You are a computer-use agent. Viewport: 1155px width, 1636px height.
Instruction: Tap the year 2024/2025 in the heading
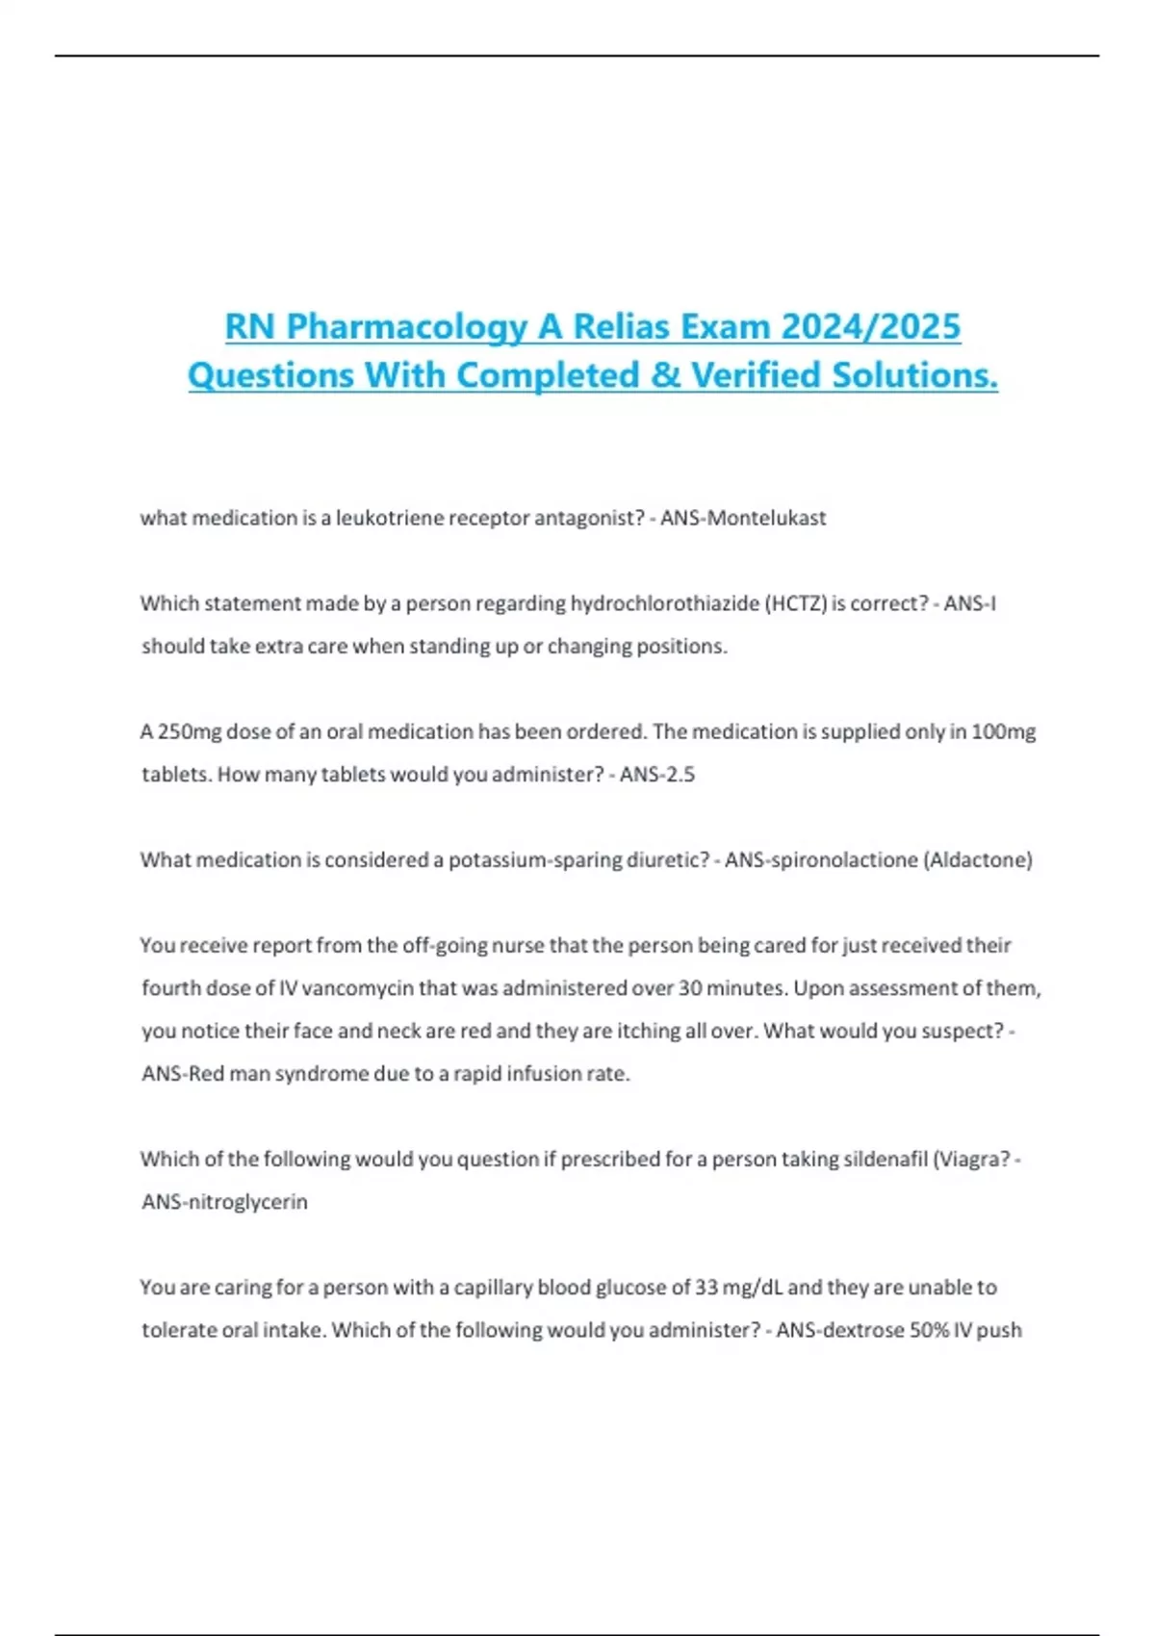tap(870, 327)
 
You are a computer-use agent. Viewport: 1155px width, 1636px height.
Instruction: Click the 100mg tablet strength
tap(1004, 731)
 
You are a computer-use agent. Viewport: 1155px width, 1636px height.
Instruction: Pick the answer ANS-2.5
tap(657, 774)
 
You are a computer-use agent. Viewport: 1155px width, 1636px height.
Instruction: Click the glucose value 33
tap(707, 1287)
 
